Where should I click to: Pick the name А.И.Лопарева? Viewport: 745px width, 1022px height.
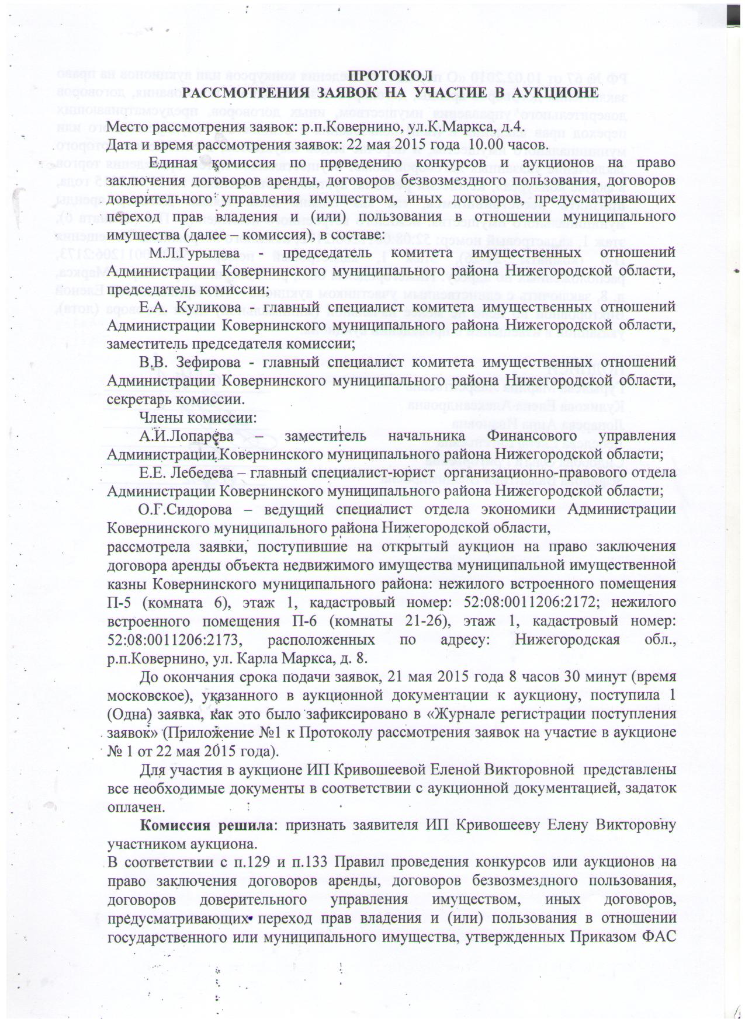coord(186,436)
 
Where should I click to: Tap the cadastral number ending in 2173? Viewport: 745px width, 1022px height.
coord(165,639)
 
